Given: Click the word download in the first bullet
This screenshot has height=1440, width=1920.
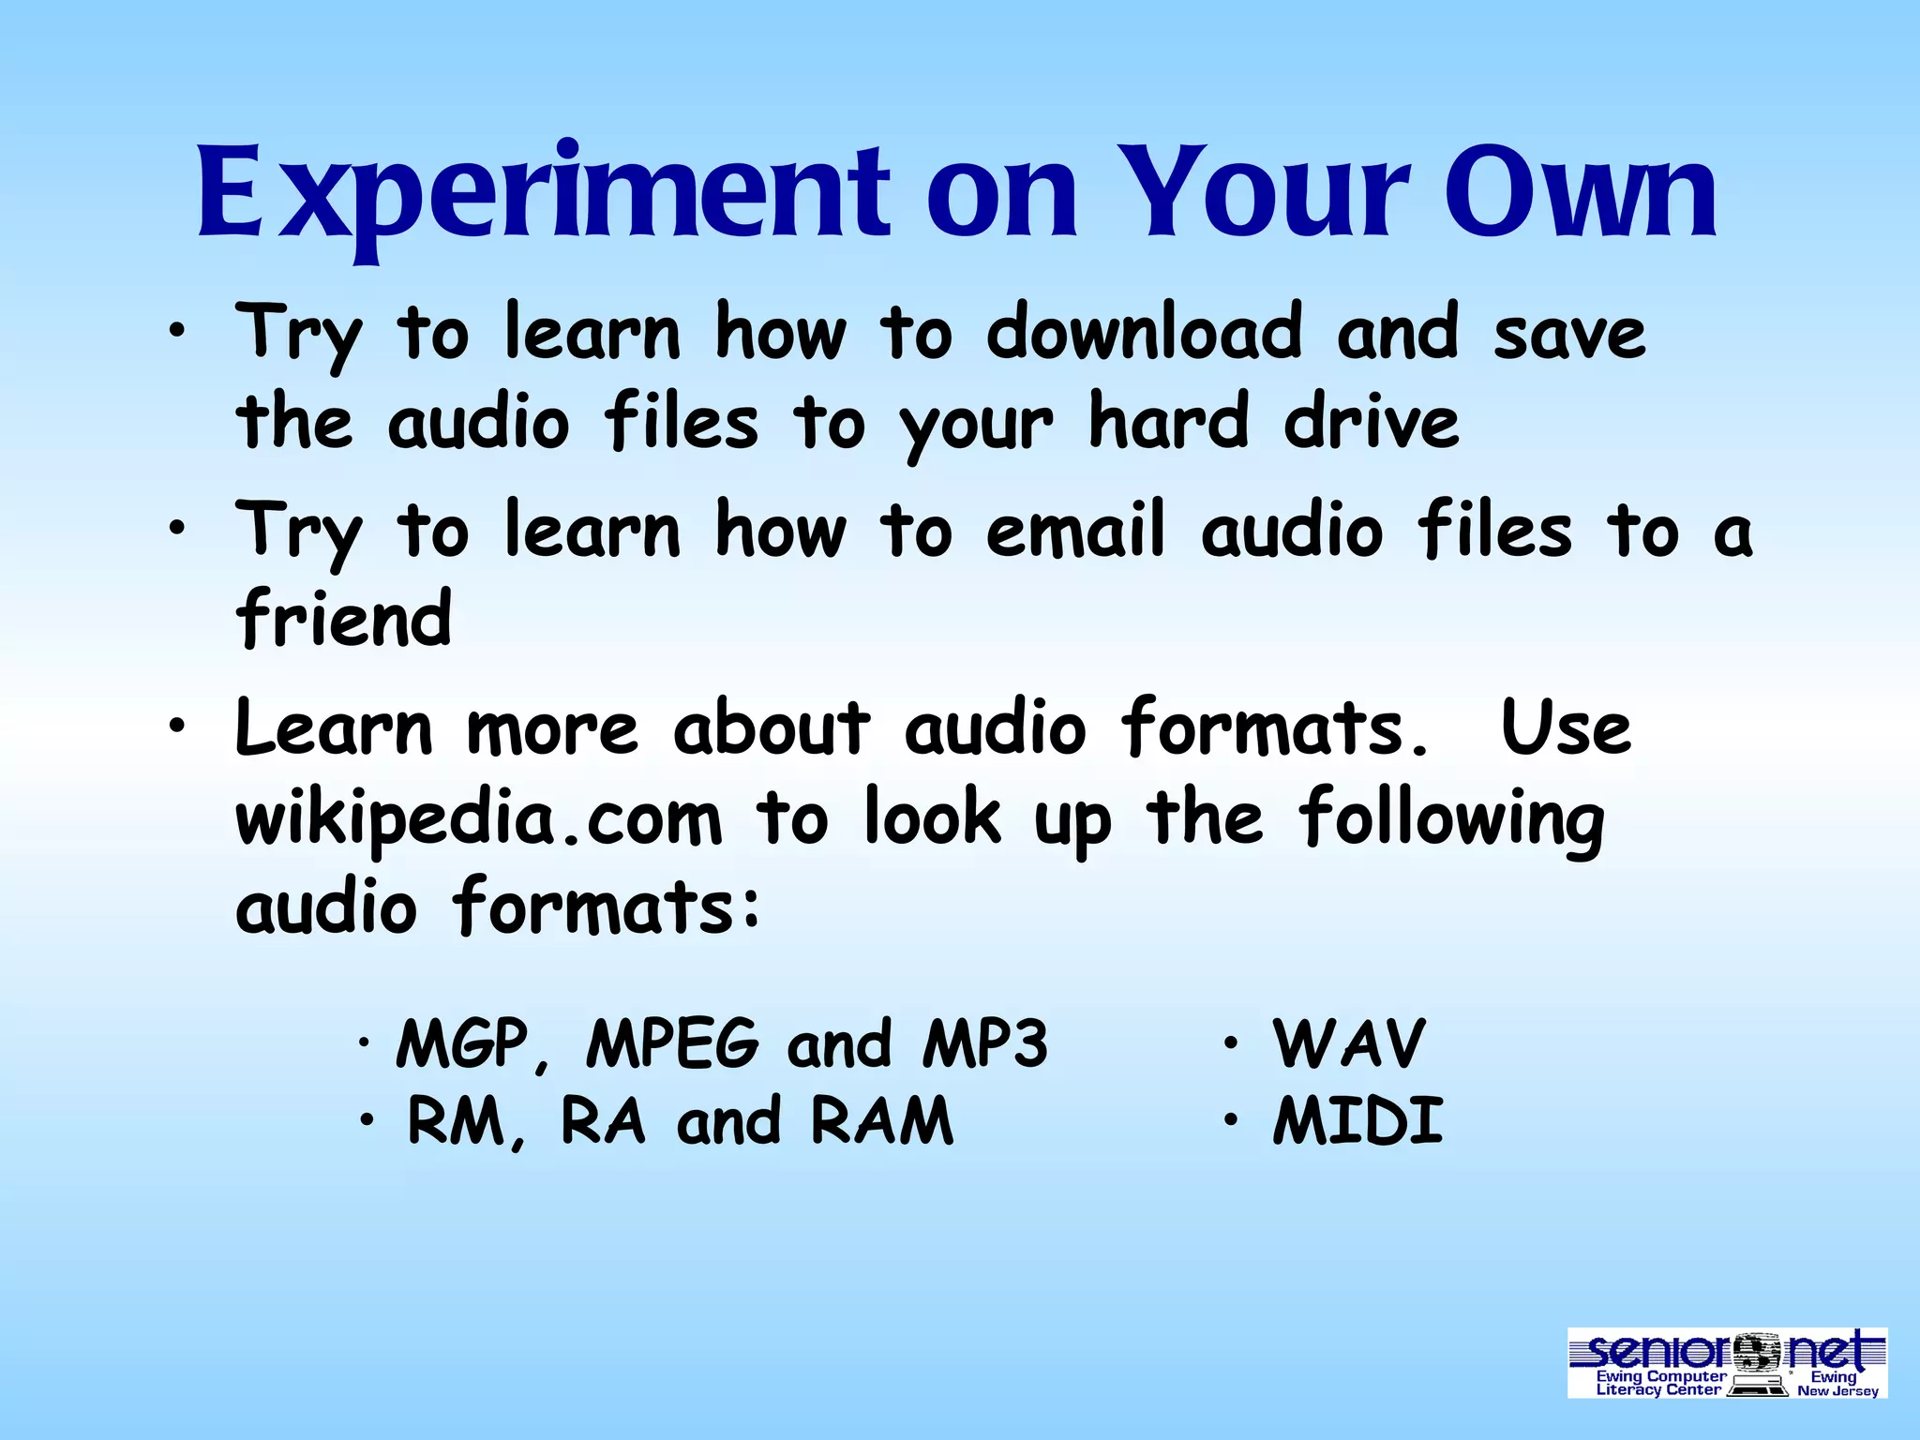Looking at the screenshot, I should (x=1144, y=333).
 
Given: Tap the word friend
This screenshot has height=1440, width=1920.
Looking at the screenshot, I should (x=344, y=619).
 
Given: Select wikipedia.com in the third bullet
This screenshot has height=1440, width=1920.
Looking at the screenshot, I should (x=479, y=818).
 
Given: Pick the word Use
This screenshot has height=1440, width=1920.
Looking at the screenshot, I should (x=1566, y=728).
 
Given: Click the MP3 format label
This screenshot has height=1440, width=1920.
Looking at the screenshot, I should (x=985, y=1043).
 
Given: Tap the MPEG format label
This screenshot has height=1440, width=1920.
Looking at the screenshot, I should (x=672, y=1043).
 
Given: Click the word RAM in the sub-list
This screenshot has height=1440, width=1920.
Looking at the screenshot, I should (x=881, y=1121).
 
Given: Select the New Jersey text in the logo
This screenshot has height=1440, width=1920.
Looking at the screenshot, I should (x=1837, y=1391).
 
